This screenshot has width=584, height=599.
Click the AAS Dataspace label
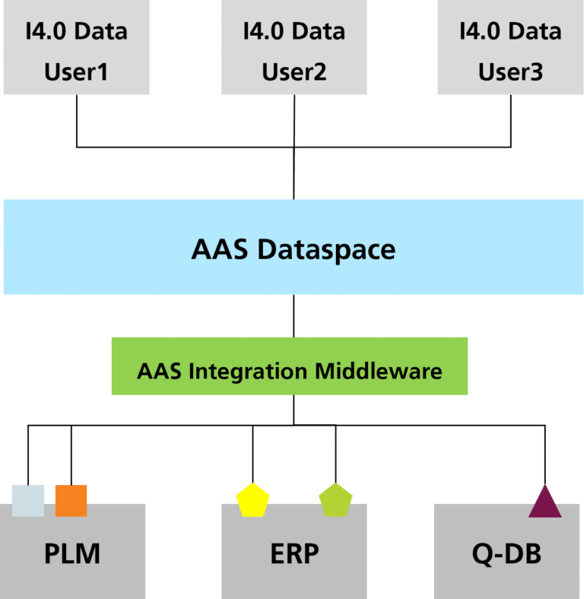click(x=293, y=249)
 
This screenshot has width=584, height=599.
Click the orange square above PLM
click(x=71, y=500)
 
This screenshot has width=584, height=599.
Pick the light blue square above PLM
click(x=28, y=500)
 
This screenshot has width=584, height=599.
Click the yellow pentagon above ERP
click(x=253, y=501)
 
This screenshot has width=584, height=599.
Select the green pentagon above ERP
click(x=335, y=501)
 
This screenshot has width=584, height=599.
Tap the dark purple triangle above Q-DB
click(x=544, y=503)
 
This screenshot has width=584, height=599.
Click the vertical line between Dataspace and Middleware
click(x=294, y=315)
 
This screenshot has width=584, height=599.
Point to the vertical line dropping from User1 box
click(x=77, y=122)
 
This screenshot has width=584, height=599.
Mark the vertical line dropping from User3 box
click(x=510, y=122)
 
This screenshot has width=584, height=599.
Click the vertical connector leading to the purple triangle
click(x=544, y=456)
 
